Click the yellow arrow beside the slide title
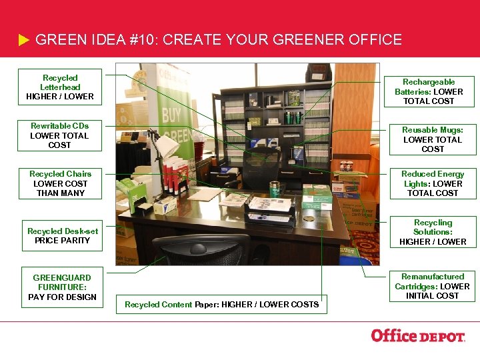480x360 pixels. (23, 41)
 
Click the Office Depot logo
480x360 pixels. (417, 336)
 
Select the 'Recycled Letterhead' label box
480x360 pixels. (60, 87)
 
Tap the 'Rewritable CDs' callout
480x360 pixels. (59, 135)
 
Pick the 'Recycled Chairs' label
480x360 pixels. (60, 183)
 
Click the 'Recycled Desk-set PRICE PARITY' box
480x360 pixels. (62, 235)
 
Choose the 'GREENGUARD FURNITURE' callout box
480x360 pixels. (62, 287)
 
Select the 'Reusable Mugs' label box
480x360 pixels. (432, 139)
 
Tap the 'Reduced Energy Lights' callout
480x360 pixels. (433, 183)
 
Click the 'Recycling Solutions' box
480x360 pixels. (433, 232)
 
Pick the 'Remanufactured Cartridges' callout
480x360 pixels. (433, 286)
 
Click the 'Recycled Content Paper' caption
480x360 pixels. (222, 305)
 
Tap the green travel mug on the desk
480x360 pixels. (273, 189)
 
